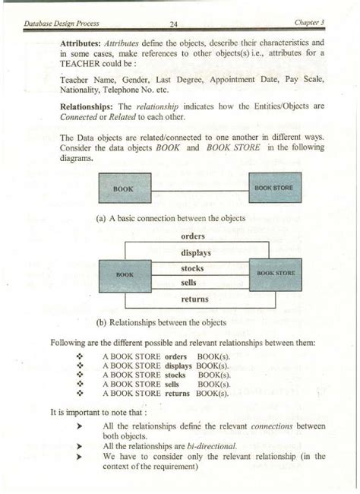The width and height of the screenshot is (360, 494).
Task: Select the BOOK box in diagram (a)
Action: tap(125, 188)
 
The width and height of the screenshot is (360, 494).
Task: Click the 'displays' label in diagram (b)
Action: tap(196, 252)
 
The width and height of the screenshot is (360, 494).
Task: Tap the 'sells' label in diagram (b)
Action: tap(190, 282)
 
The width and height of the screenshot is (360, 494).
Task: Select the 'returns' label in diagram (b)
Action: tap(196, 299)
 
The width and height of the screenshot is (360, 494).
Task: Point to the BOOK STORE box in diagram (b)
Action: tap(276, 272)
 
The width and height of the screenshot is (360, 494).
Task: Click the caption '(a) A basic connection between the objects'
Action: tap(170, 219)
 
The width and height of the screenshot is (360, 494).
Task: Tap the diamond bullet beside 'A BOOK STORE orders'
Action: tap(80, 356)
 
